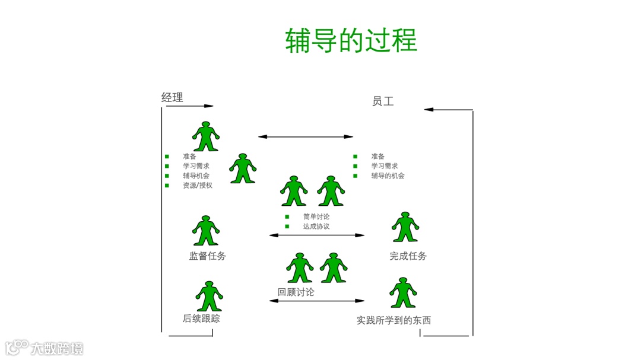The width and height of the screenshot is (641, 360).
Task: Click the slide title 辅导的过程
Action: click(x=351, y=40)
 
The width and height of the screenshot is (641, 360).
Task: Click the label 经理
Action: click(x=172, y=97)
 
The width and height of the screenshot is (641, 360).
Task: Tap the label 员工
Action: click(x=383, y=101)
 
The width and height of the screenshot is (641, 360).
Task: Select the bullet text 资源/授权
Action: click(x=198, y=185)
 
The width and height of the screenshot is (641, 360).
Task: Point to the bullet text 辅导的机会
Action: click(x=388, y=176)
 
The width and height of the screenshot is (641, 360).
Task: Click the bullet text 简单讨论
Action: click(x=316, y=216)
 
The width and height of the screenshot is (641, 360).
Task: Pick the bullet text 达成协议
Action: click(x=316, y=226)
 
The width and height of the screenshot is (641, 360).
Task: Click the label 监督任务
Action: click(x=208, y=256)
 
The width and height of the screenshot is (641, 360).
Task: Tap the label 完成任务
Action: click(x=408, y=256)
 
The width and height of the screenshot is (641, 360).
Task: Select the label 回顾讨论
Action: click(x=296, y=292)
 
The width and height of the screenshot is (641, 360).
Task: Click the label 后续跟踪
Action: click(x=201, y=318)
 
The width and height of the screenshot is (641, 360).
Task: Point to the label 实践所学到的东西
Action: click(x=394, y=320)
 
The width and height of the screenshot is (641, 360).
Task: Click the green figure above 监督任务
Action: click(x=206, y=231)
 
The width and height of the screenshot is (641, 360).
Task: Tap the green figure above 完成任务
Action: click(x=405, y=227)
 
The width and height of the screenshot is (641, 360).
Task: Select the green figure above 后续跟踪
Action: click(x=209, y=296)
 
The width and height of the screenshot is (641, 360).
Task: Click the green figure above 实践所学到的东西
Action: click(x=403, y=292)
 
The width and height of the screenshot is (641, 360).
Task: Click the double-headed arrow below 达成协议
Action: click(x=317, y=235)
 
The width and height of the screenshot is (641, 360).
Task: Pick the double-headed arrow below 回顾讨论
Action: click(x=317, y=301)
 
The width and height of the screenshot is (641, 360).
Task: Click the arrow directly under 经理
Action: click(x=188, y=106)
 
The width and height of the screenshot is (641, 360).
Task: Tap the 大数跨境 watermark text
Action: click(x=58, y=348)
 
